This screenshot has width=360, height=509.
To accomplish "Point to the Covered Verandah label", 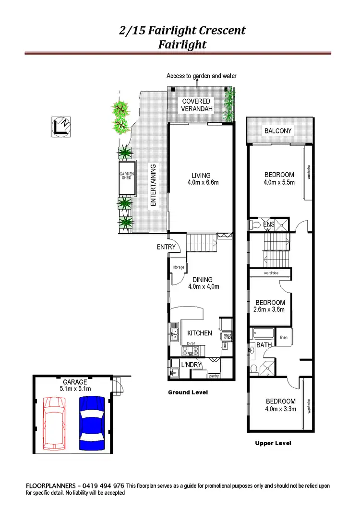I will tap(196, 105).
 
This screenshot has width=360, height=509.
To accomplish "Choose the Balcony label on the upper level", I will tap(278, 131).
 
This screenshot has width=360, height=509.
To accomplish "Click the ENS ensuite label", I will tap(269, 224).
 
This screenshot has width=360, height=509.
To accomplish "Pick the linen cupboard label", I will tap(283, 337).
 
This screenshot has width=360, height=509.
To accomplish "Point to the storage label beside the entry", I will tap(179, 267).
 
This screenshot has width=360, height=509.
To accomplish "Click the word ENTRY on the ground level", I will tap(167, 247).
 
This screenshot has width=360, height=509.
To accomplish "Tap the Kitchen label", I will tap(199, 333).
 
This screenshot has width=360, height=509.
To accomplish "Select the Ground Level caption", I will tap(188, 392).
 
